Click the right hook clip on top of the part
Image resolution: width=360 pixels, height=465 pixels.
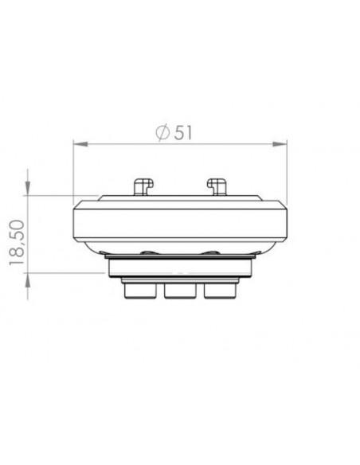(216, 186)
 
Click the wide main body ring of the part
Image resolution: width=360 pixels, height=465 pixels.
(180, 225)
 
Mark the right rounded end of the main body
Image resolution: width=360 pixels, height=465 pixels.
(284, 225)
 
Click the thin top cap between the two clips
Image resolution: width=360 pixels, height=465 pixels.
(180, 195)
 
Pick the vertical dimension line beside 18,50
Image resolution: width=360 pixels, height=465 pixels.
(29, 235)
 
